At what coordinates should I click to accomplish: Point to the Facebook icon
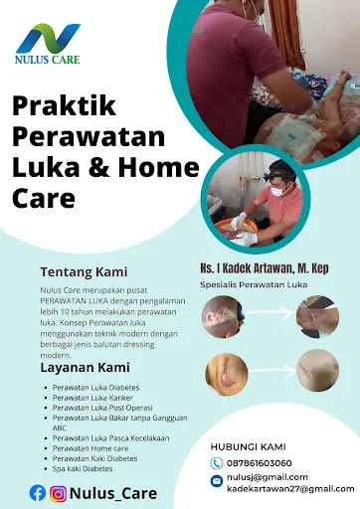click(x=37, y=491)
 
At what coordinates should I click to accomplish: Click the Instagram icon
click(x=59, y=491)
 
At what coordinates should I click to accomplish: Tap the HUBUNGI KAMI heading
click(x=250, y=445)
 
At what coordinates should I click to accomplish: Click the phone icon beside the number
click(x=217, y=463)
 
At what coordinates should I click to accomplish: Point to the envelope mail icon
click(x=217, y=482)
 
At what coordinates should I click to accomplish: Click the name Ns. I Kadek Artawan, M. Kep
click(x=264, y=268)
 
